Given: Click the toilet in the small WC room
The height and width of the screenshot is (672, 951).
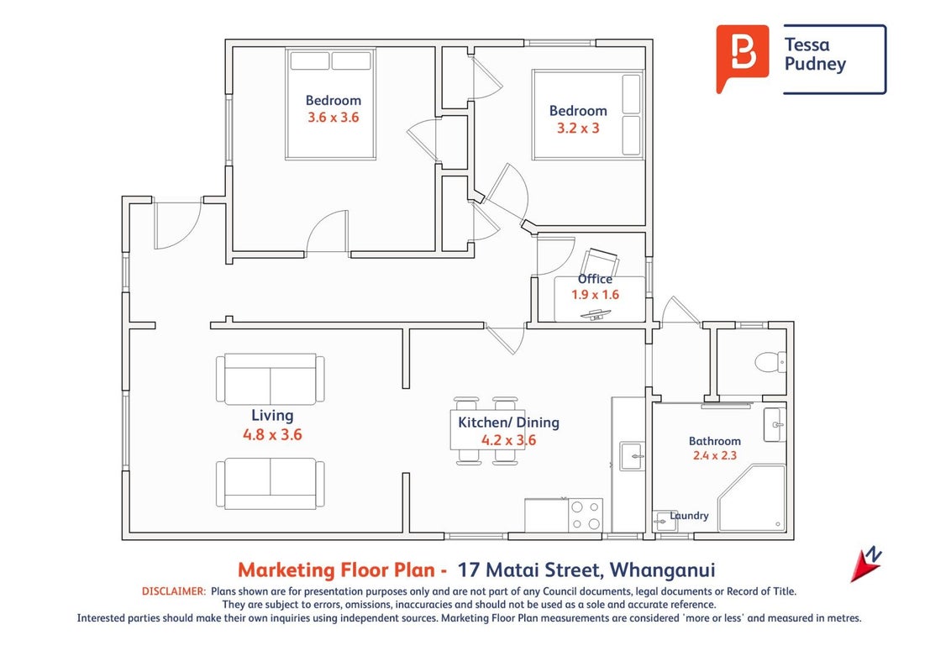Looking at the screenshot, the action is coord(771,362).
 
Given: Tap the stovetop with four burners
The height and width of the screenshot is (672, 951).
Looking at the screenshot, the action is coord(586,515).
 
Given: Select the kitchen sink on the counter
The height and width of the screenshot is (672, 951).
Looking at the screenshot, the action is coord(632,456).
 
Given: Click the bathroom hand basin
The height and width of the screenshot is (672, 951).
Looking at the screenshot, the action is coord(775,424).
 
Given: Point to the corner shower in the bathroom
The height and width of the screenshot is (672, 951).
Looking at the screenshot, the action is coord(752,499).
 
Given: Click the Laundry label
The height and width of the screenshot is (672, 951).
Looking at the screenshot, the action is coord(689,516).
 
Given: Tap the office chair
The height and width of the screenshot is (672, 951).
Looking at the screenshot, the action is coord(600,262).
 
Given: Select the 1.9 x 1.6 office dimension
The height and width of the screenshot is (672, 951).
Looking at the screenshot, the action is coord(595,295).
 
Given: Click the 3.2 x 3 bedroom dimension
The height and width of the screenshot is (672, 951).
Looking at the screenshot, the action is coord(578,128).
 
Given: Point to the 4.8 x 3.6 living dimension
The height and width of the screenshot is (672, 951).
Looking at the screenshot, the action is coord(272,434).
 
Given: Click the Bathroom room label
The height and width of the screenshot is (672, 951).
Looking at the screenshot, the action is coord(714,441).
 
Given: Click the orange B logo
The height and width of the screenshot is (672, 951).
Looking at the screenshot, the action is coord(743,58).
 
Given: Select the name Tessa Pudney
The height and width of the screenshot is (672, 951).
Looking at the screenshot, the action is coord(815,54).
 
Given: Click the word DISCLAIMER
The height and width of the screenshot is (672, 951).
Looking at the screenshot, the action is coord(174,591).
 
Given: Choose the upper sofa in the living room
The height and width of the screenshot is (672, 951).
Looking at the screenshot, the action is coord(271,380).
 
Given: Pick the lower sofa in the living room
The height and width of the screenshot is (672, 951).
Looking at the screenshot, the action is coord(271,483).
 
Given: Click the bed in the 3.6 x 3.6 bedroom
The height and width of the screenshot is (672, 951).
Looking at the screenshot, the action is coord(330,103).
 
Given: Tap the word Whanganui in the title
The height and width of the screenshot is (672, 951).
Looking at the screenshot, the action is coord(662,570).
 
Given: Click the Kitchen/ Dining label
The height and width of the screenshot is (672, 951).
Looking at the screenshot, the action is coord(508,423).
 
